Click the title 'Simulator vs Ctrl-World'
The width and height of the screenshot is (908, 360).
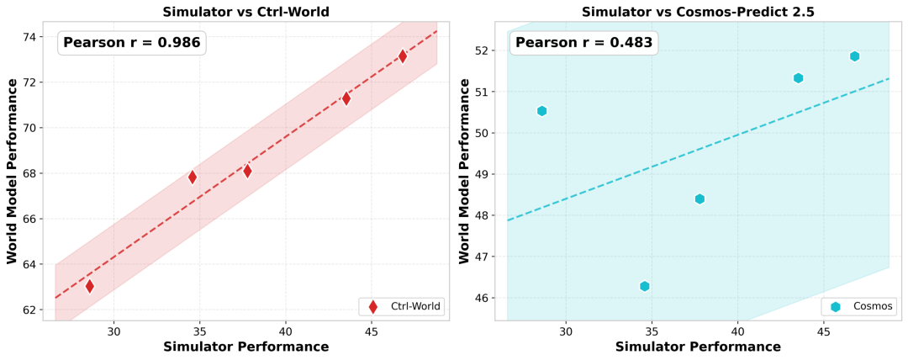(x=245, y=11)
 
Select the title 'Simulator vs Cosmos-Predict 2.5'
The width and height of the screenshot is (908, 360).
(x=698, y=11)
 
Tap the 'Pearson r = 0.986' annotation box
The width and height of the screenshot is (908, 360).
(x=131, y=43)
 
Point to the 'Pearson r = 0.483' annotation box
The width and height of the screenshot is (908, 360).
(x=583, y=43)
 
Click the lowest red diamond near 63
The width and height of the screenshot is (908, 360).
(x=90, y=286)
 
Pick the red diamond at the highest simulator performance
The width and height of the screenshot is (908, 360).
(x=403, y=56)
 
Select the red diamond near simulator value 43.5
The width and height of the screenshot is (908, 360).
(x=346, y=98)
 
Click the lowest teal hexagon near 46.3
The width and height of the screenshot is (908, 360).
(x=644, y=286)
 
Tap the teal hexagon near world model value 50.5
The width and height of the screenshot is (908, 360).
(x=541, y=111)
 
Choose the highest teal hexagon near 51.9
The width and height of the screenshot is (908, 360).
(x=854, y=56)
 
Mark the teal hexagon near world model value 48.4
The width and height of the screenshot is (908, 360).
(x=699, y=199)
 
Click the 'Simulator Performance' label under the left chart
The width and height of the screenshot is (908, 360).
(x=245, y=347)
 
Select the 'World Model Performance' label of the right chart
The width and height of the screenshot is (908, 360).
(x=465, y=171)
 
